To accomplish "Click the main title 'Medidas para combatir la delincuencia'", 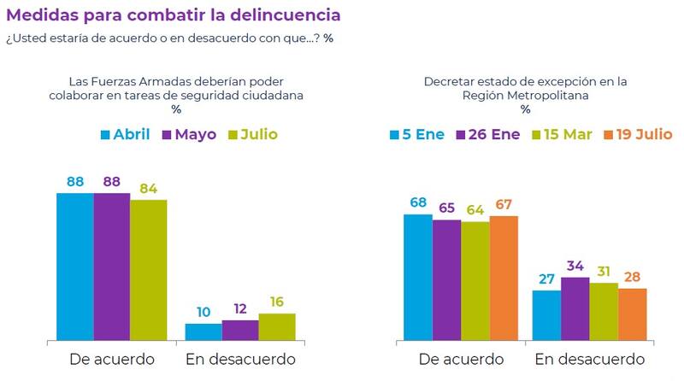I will point(173,15).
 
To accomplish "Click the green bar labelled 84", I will point(148,269).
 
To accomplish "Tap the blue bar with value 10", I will point(203,331).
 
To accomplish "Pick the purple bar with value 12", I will point(240,330).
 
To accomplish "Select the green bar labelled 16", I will point(277,326).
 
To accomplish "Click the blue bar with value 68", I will point(417,277).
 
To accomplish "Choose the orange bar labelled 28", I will point(632,314).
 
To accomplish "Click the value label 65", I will point(446,208).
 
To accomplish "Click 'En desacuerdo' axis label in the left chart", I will point(240,360).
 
